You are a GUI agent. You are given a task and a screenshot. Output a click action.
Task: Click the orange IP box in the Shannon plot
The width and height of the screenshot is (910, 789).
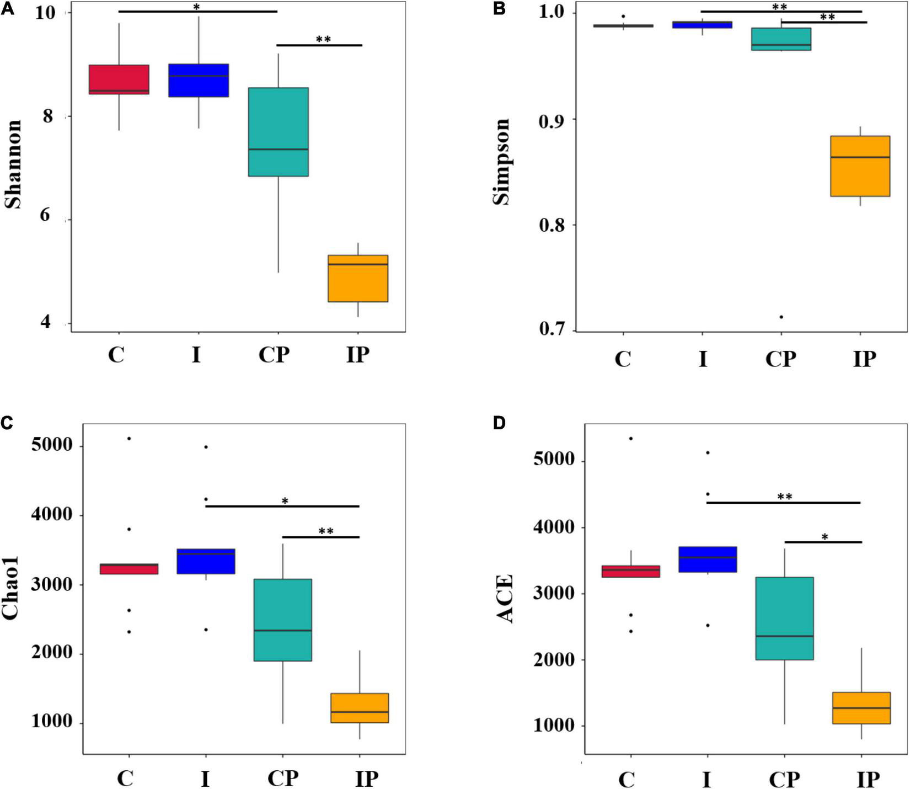[x=358, y=278]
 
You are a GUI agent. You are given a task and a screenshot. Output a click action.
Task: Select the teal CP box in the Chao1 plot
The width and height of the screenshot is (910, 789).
[x=283, y=620]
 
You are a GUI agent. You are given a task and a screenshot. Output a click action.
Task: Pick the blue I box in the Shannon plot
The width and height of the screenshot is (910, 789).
[x=199, y=81]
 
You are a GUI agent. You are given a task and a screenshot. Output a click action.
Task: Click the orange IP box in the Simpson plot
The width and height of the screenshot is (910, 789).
[x=860, y=166]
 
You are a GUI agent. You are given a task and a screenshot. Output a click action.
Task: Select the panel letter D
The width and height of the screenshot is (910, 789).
[x=499, y=423]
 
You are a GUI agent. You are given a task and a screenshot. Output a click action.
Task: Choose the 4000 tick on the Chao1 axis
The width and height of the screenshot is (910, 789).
[x=52, y=515]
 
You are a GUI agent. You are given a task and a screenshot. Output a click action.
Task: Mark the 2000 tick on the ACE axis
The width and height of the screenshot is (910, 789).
[x=553, y=659]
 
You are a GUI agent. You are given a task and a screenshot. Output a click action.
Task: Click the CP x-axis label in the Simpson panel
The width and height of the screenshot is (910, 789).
[x=780, y=359]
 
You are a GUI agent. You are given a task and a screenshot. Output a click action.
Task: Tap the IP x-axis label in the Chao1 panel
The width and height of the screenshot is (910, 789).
[x=366, y=779]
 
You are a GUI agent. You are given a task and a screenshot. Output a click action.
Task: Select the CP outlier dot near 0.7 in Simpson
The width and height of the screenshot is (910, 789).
[x=781, y=317]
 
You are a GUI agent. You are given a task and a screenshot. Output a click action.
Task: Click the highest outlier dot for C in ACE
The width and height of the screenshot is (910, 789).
[x=631, y=438]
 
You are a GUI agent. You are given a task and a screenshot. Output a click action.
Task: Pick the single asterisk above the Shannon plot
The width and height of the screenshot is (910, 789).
[x=196, y=7]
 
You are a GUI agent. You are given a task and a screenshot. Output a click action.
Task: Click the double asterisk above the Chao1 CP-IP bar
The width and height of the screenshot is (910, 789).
[x=326, y=531]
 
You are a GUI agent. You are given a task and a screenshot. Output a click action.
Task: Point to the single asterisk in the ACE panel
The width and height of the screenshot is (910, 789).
[x=825, y=537]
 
